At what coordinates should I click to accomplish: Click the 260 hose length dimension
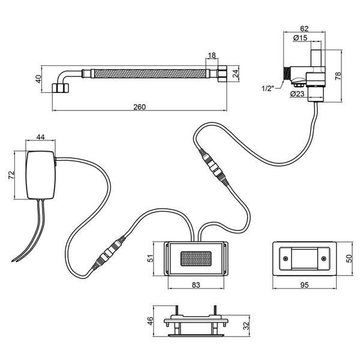click(x=140, y=107)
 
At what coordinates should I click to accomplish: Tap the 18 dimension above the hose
click(x=212, y=55)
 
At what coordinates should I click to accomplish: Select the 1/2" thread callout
click(x=268, y=88)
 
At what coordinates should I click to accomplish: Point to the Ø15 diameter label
click(x=300, y=38)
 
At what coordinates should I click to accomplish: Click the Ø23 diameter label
click(x=297, y=94)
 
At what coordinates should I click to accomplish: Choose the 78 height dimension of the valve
click(x=338, y=76)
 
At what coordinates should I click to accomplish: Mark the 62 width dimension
click(x=304, y=29)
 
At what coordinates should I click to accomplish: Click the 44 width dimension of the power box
click(x=40, y=137)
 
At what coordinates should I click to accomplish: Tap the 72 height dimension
click(x=11, y=175)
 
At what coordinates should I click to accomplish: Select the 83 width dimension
click(x=196, y=285)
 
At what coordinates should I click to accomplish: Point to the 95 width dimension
click(x=304, y=285)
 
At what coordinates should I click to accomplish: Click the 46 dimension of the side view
click(x=149, y=321)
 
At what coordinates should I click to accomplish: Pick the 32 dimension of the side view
click(x=246, y=326)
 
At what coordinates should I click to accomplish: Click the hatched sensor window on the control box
click(x=196, y=259)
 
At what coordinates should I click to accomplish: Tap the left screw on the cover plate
click(x=286, y=259)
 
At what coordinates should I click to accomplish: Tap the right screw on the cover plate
click(x=324, y=259)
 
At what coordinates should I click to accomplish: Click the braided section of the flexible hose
click(x=150, y=74)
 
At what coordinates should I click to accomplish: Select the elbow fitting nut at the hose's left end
click(x=61, y=88)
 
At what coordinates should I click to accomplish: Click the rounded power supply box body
click(x=41, y=175)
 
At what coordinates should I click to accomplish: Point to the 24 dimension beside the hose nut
click(x=236, y=74)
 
